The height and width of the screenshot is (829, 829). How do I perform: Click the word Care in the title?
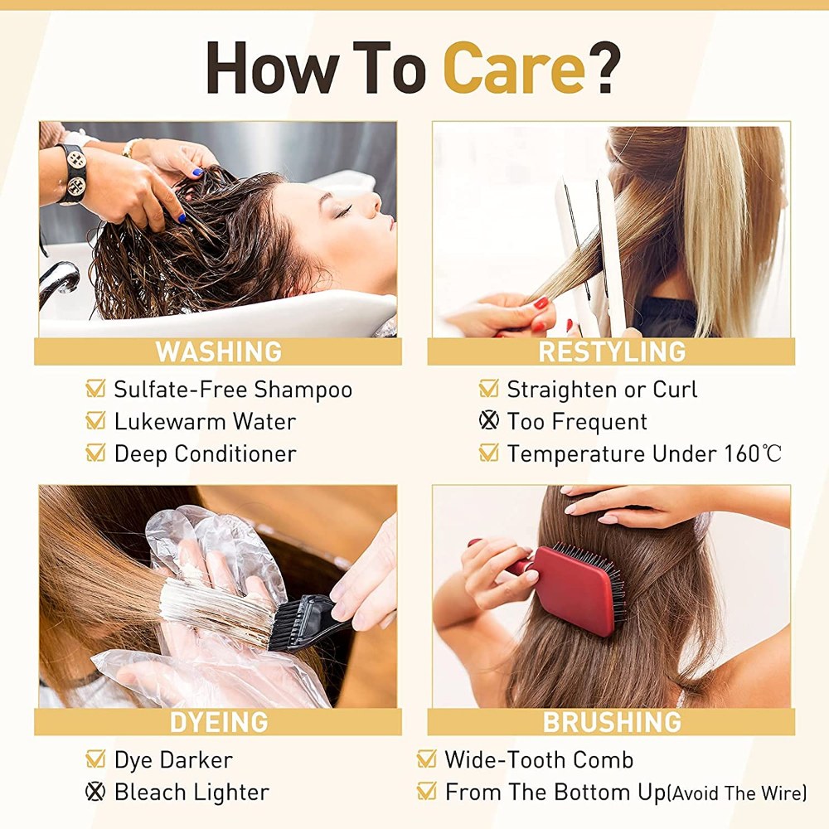514,68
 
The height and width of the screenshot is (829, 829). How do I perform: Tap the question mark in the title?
604,68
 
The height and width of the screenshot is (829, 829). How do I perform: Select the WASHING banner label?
218,351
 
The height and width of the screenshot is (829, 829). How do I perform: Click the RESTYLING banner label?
612,351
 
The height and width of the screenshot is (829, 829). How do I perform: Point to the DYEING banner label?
218,722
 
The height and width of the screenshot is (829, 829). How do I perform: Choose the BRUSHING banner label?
612,722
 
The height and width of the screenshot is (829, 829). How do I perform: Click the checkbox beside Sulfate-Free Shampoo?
95,388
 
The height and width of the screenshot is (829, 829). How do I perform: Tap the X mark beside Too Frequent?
488,420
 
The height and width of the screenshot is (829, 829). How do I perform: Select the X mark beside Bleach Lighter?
95,792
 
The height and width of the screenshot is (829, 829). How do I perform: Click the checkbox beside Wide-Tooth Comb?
426,759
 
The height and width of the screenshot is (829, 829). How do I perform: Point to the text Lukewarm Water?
205,421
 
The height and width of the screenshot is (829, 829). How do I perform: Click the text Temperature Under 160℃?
644,453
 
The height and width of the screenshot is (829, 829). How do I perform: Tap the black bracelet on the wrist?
74,173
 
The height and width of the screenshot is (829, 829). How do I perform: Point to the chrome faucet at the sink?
58,280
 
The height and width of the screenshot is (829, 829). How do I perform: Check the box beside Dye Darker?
95,759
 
